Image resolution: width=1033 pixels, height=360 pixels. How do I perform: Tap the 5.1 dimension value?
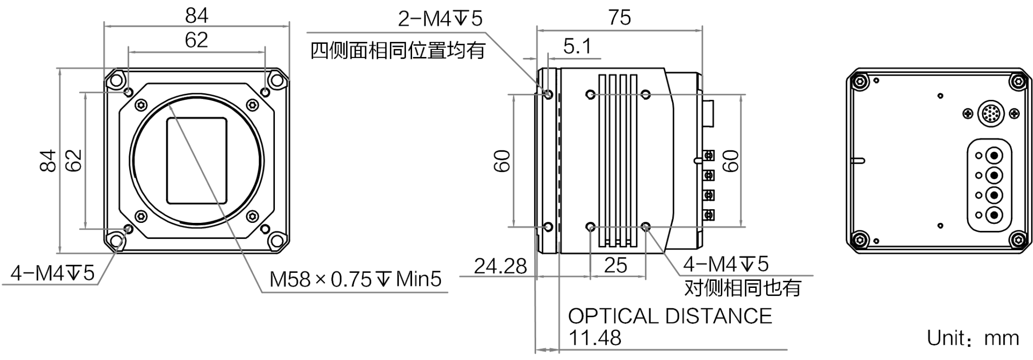coord(577,47)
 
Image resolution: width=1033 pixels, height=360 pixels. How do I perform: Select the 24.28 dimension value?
coord(500,266)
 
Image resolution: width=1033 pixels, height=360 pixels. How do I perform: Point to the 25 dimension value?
coord(616,265)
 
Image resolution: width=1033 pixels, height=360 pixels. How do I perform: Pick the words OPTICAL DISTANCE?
coord(670,316)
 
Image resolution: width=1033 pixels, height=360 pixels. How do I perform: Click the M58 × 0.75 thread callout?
coord(356,279)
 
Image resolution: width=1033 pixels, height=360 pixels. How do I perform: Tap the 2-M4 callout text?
coord(440,19)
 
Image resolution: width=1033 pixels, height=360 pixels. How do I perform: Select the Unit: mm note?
coord(973,338)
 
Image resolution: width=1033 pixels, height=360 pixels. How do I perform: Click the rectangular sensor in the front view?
coord(197,160)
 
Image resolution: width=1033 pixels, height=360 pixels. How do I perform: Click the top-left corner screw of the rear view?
coord(859,81)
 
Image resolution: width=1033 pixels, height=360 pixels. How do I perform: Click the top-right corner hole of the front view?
coord(276,80)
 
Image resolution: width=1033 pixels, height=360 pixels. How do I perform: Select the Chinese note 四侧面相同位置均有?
coord(398,50)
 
